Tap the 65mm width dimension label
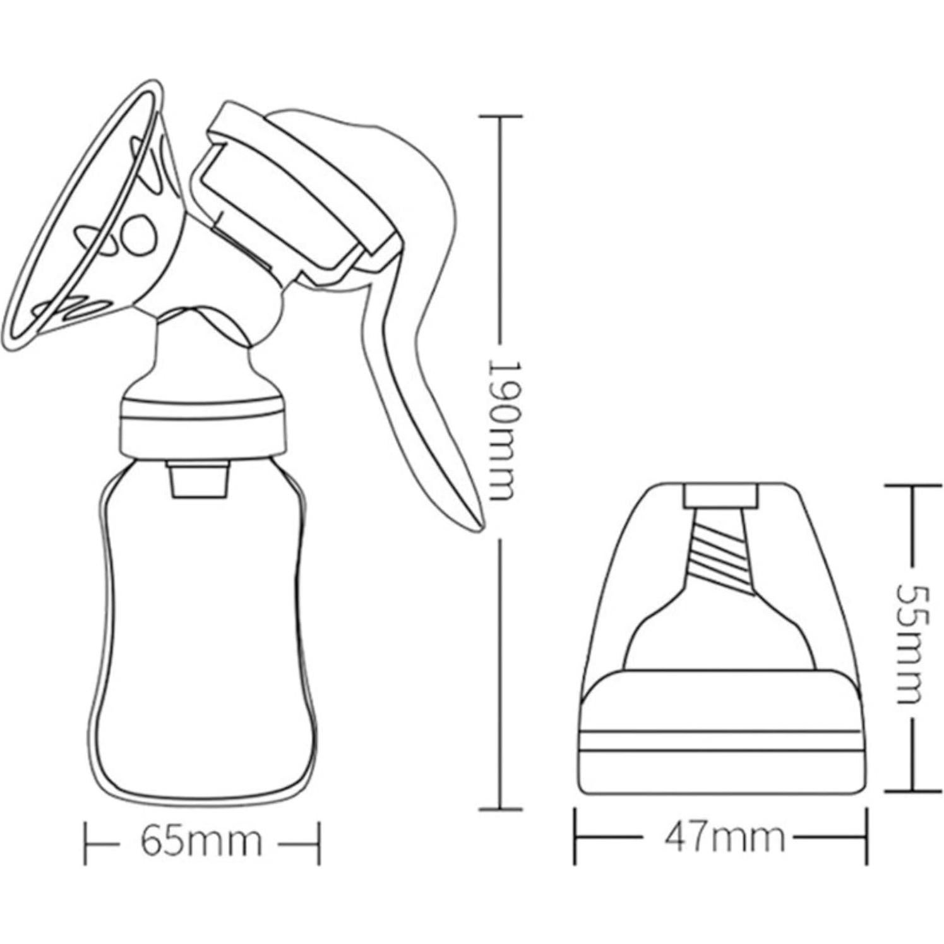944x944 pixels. pos(201,841)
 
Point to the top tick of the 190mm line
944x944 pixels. pos(501,117)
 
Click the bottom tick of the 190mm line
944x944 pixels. pos(501,808)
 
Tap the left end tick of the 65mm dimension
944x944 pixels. pos(87,842)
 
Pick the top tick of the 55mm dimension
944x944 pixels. pos(910,486)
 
